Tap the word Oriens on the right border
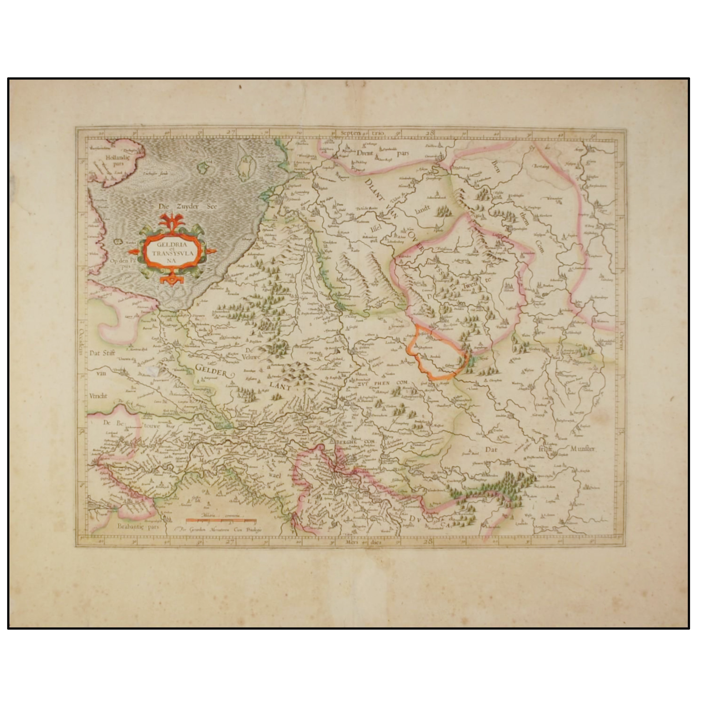point(621,340)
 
